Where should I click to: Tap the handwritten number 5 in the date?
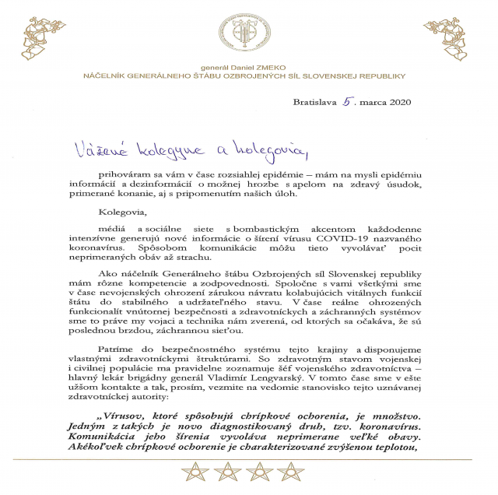[347, 101]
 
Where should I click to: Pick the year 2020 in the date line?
[396, 102]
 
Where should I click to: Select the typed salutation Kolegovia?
[122, 210]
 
